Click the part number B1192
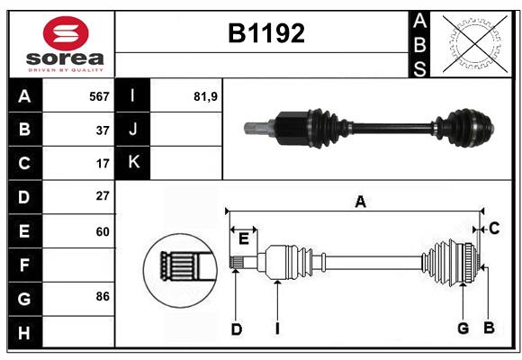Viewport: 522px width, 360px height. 265,33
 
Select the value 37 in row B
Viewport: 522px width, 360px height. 103,130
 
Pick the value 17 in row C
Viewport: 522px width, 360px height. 103,164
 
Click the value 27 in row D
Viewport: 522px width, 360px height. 103,195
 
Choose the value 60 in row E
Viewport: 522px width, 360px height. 103,231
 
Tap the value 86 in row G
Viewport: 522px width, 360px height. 103,296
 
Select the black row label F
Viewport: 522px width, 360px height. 24,265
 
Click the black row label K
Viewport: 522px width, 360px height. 133,163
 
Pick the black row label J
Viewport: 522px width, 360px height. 133,130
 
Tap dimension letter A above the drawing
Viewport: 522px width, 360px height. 360,202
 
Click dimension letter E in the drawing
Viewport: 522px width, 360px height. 244,238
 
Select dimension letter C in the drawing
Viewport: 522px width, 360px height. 494,229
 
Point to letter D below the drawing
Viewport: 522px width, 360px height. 236,329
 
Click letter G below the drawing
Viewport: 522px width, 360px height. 463,328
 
